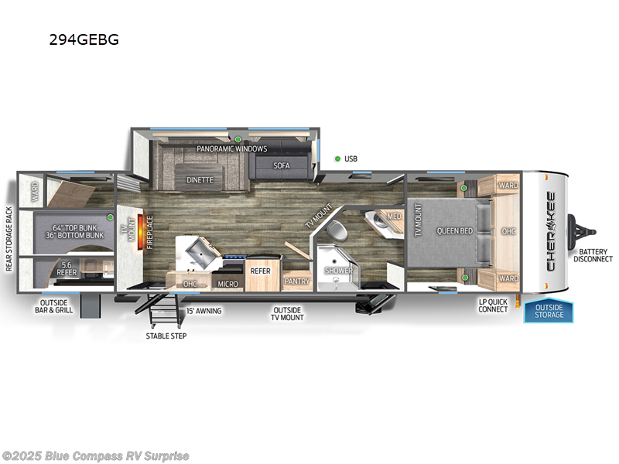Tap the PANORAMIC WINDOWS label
pos(231,148)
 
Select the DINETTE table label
pos(200,179)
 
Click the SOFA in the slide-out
pos(281,165)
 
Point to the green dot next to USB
pos(337,159)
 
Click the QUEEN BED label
pos(454,230)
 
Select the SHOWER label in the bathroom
pos(338,271)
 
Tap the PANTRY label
pos(296,281)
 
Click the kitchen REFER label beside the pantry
pos(260,271)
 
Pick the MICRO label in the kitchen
pos(227,284)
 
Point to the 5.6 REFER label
pos(67,268)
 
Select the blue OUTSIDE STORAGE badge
pos(549,311)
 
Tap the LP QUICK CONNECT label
pos(492,305)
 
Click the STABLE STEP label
pos(166,336)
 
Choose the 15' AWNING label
pos(204,311)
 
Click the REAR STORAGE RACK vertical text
pos(9,239)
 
